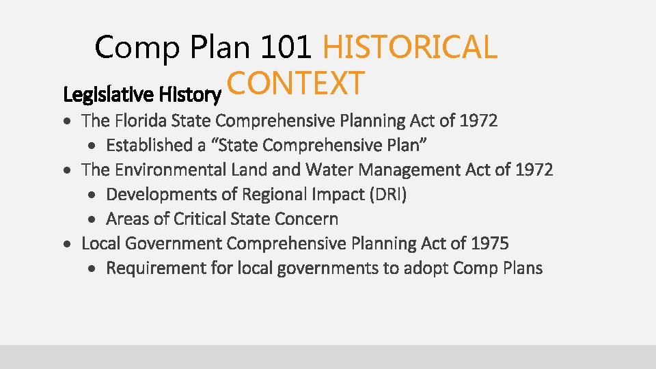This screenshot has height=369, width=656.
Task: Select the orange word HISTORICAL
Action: (409, 47)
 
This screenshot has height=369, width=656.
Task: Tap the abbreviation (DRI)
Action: (387, 195)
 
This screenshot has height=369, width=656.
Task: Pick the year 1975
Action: (490, 243)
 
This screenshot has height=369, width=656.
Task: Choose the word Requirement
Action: (156, 269)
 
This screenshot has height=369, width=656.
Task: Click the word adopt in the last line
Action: (425, 269)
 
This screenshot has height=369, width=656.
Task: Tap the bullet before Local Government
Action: (67, 244)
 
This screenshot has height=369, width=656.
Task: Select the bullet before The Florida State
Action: (67, 122)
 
